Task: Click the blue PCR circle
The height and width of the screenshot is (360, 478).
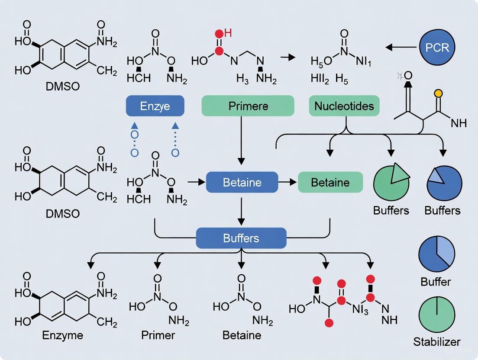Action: pyautogui.click(x=437, y=47)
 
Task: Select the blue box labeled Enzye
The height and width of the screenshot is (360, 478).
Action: pyautogui.click(x=155, y=106)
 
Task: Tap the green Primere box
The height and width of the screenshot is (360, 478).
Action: pyautogui.click(x=248, y=106)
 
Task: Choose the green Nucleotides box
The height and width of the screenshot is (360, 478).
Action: pyautogui.click(x=344, y=106)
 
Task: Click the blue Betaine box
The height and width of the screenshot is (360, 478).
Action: pyautogui.click(x=242, y=182)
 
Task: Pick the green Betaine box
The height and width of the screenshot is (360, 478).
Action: pyautogui.click(x=330, y=182)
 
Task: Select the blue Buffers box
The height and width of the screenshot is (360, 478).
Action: pyautogui.click(x=241, y=238)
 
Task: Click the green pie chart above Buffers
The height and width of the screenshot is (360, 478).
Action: pyautogui.click(x=391, y=182)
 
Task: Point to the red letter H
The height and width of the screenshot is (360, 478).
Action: pyautogui.click(x=228, y=33)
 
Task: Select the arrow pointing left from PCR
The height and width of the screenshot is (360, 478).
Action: pyautogui.click(x=401, y=47)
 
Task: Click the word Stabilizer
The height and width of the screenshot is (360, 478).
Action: pyautogui.click(x=436, y=341)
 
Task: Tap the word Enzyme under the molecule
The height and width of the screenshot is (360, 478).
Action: pyautogui.click(x=63, y=335)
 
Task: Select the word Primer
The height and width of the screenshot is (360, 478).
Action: pyautogui.click(x=158, y=335)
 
